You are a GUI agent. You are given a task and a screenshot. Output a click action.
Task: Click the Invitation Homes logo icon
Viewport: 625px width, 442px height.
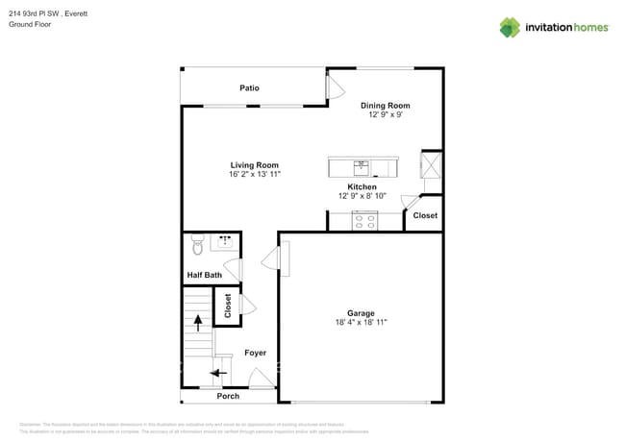pos(510,27)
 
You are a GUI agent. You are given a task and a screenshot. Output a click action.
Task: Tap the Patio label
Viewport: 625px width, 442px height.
pos(249,88)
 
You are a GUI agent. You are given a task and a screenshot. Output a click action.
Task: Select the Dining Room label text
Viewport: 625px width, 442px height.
pos(386,106)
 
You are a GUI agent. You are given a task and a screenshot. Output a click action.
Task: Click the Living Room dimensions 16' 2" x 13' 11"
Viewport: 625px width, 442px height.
pos(255,175)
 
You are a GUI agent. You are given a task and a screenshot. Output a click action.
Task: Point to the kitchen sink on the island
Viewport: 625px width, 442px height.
pos(362,166)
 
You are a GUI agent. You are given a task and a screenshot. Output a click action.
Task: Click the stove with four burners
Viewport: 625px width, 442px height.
pos(364,221)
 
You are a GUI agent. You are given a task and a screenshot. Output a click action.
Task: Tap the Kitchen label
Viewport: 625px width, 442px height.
pos(362,186)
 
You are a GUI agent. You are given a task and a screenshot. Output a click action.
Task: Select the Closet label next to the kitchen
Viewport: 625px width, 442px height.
pos(425,215)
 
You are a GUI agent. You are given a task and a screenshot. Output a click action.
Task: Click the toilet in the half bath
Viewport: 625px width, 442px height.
pos(197,246)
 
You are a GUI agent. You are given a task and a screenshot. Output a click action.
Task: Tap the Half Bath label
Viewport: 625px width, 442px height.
pos(204,276)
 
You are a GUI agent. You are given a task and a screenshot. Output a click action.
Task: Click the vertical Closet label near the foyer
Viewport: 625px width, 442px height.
pos(228,306)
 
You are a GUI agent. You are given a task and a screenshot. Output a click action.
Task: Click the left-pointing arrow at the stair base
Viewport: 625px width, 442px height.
pos(219,372)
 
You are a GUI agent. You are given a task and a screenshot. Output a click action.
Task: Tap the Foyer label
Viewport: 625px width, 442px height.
pos(255,354)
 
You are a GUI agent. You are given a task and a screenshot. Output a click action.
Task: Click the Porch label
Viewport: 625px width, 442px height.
pos(228,396)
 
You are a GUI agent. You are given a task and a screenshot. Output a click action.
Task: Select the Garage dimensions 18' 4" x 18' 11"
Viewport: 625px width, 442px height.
pos(361,323)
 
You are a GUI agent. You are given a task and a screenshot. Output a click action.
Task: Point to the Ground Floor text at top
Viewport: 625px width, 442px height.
pos(30,24)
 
